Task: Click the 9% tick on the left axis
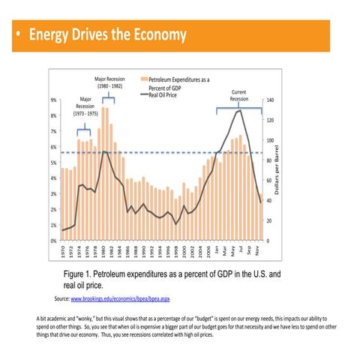tap(53, 100)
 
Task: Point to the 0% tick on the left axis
tap(53, 241)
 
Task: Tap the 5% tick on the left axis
tap(53, 163)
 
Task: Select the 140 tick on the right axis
tap(271, 100)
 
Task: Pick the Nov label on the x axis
tap(259, 250)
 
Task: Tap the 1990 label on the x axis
tap(144, 251)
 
